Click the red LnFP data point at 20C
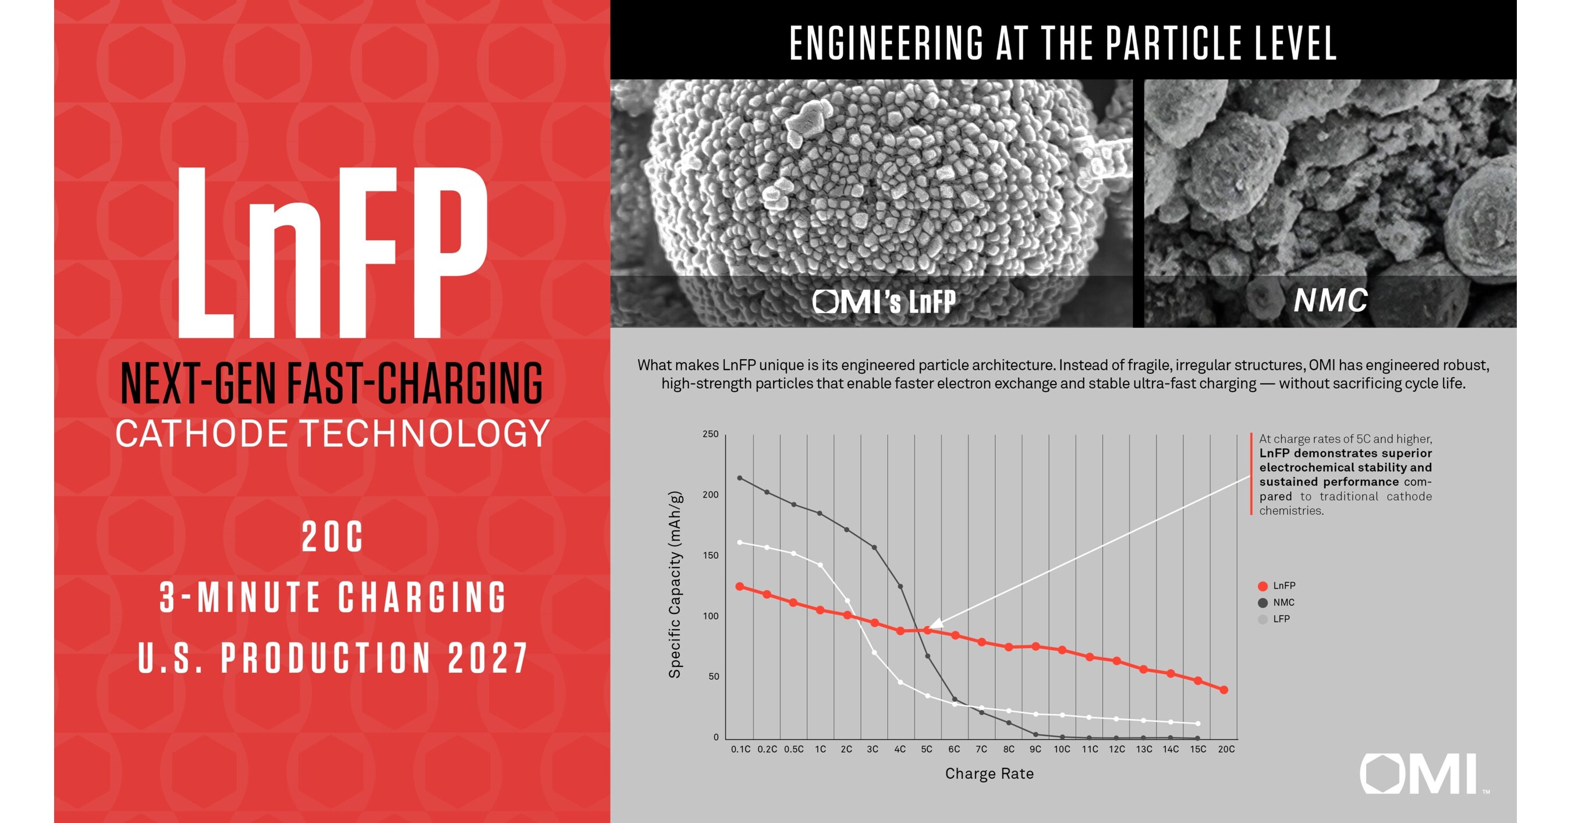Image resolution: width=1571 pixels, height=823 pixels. [x=1224, y=690]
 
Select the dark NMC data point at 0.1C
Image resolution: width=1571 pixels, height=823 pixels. [x=740, y=478]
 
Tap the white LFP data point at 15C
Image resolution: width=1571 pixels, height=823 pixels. [x=1198, y=723]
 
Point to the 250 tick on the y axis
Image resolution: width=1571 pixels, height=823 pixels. [x=711, y=434]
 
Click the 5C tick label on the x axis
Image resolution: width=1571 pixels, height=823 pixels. [x=927, y=749]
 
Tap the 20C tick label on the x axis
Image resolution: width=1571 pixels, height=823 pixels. [x=1226, y=749]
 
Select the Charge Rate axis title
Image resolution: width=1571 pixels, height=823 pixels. [x=989, y=774]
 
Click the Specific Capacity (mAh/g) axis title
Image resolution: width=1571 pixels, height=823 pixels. [x=675, y=584]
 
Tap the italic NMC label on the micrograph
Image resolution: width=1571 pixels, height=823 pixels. [x=1331, y=300]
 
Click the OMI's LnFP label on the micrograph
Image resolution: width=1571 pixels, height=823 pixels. [x=884, y=301]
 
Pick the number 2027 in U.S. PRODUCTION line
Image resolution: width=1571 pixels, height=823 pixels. [x=488, y=658]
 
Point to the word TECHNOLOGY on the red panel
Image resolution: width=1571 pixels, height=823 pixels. [x=425, y=434]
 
